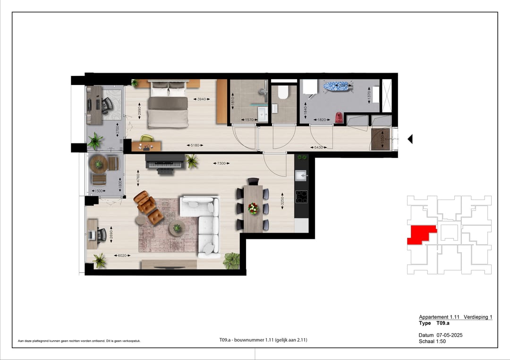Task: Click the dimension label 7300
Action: tap(221, 163)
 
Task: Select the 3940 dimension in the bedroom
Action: tap(202, 99)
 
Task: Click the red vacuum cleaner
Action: tap(339, 117)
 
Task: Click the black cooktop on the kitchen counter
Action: tap(301, 196)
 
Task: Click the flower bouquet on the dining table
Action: tap(254, 208)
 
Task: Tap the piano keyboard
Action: tap(164, 164)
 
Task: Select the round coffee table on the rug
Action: tap(177, 228)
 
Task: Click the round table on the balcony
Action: tap(99, 164)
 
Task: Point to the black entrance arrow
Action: tap(410, 139)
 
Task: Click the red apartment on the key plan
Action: tap(420, 234)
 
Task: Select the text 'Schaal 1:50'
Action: tap(432, 341)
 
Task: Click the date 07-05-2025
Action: tap(450, 335)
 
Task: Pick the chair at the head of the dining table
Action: tap(253, 182)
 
